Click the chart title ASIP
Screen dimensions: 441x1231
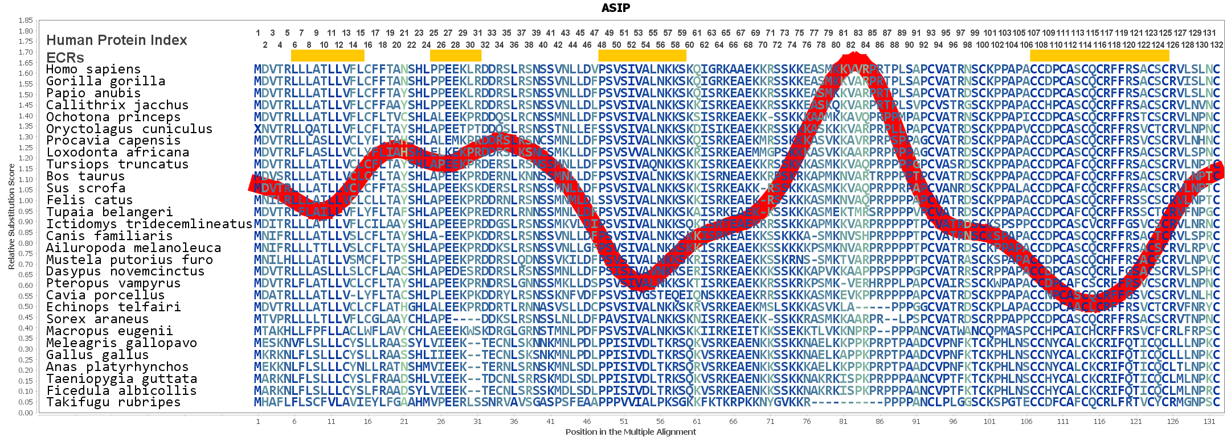(x=616, y=8)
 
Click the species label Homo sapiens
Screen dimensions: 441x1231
(x=93, y=69)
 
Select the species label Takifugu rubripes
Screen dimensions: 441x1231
(x=113, y=402)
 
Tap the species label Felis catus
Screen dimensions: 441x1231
(x=89, y=200)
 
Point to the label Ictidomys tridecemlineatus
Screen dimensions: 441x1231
(x=149, y=224)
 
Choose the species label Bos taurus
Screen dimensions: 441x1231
(x=85, y=176)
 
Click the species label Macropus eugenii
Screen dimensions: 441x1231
(x=101, y=331)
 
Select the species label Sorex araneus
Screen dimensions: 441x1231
(x=97, y=319)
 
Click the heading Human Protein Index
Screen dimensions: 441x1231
(x=117, y=40)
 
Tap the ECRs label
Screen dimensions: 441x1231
(x=65, y=57)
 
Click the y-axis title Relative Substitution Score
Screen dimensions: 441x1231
(x=11, y=217)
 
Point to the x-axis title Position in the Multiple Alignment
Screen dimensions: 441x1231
(x=631, y=432)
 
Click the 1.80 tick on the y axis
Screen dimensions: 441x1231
(x=26, y=31)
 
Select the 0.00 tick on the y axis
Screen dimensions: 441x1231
(x=26, y=413)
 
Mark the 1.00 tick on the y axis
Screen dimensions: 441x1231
(x=26, y=200)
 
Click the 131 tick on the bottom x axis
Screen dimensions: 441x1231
(x=1209, y=422)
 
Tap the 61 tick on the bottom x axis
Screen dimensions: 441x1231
(x=697, y=422)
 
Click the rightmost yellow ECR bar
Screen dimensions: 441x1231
(x=1099, y=55)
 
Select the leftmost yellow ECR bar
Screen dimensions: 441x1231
(x=328, y=55)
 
